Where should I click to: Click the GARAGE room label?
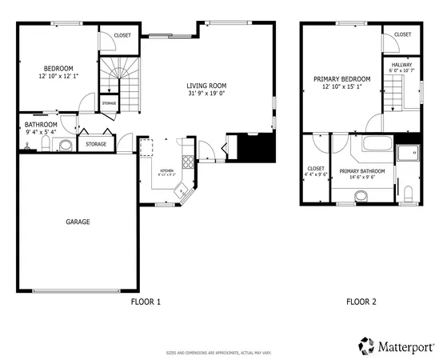78,222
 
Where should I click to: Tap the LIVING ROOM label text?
207,86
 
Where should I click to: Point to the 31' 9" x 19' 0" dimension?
207,94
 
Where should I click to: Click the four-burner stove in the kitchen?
188,162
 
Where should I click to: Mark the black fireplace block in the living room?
257,147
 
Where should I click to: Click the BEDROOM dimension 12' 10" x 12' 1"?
58,76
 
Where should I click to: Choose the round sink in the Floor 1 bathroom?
64,145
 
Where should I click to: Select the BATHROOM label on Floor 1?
40,125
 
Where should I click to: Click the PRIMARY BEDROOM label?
341,78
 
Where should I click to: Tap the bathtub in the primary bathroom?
375,146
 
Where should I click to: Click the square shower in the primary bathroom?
411,152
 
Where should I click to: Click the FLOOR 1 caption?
146,302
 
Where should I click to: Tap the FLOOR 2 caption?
361,302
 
